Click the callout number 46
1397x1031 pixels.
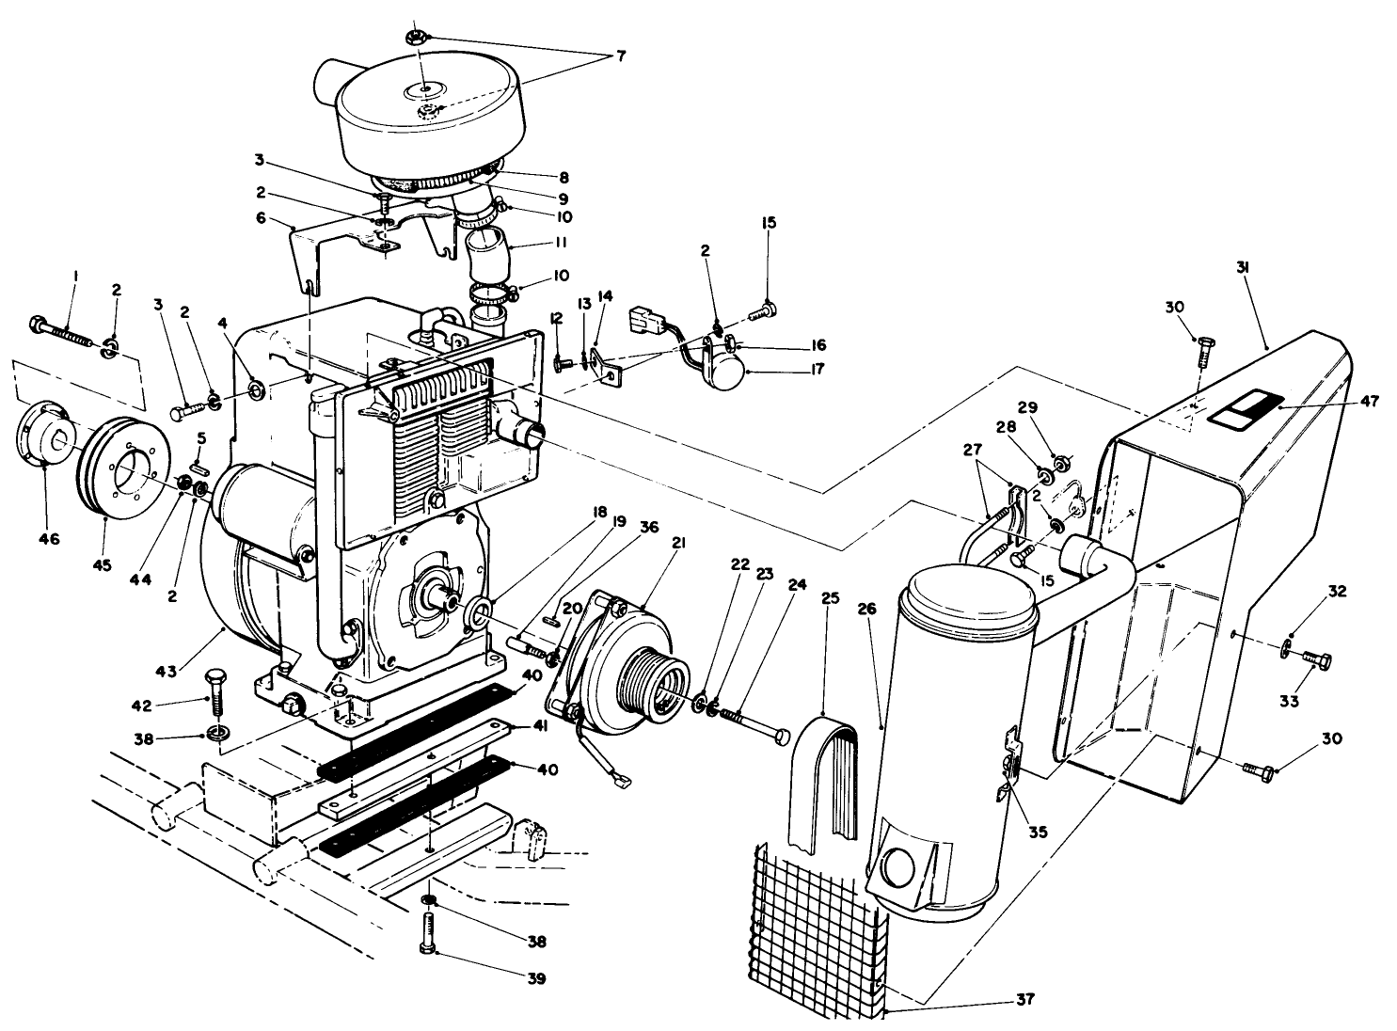pyautogui.click(x=48, y=539)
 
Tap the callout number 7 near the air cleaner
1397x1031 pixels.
pyautogui.click(x=620, y=56)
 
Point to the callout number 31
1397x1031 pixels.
pyautogui.click(x=1243, y=267)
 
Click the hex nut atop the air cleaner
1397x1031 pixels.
pyautogui.click(x=415, y=37)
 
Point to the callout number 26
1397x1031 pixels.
pyautogui.click(x=866, y=609)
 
